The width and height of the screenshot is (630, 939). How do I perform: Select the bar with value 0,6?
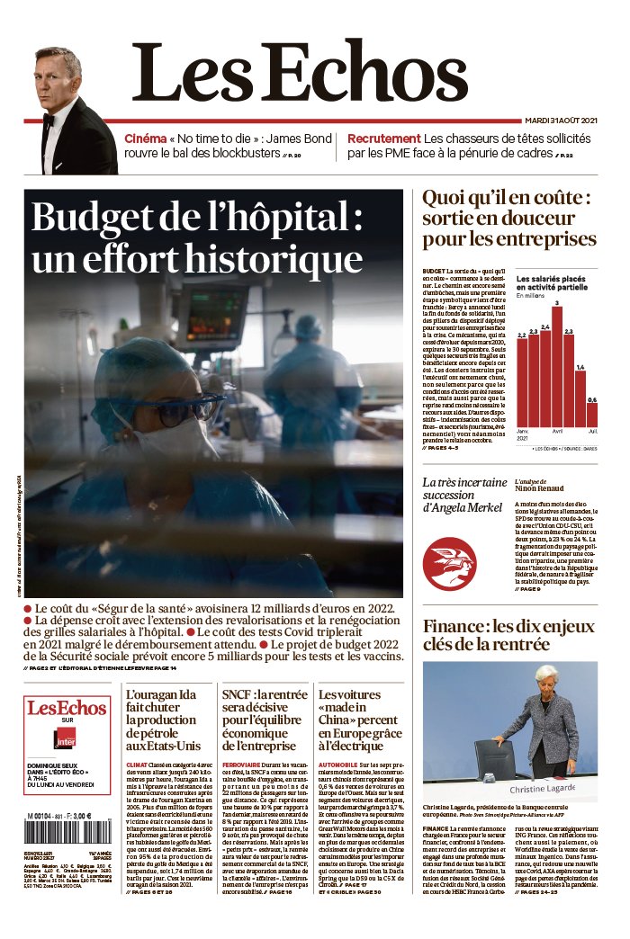[591, 415]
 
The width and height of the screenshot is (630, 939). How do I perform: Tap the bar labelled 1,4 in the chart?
[580, 398]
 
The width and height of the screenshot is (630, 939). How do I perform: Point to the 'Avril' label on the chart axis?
[557, 432]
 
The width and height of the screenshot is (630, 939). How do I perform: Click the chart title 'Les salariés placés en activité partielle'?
[556, 283]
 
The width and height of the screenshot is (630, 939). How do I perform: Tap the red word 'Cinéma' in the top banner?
[146, 139]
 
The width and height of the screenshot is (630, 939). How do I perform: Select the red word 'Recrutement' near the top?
[384, 139]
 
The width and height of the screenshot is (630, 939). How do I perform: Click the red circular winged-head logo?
[449, 563]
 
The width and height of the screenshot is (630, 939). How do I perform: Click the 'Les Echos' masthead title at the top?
[301, 72]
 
